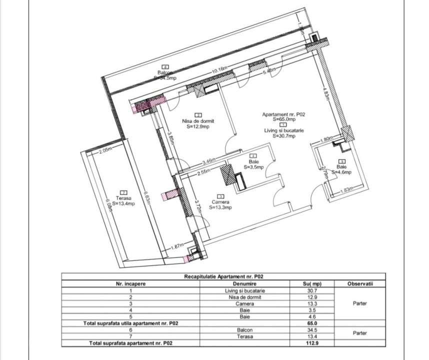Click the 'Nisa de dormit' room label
pos(198,121)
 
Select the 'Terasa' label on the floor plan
pos(123,198)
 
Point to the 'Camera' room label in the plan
pos(220,201)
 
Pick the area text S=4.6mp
pos(341,172)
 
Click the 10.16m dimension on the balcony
pos(221,71)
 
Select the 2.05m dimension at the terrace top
pos(106,150)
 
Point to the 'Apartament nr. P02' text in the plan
pos(283,114)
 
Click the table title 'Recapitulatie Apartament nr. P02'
pos(223,276)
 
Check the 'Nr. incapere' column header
pos(130,283)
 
